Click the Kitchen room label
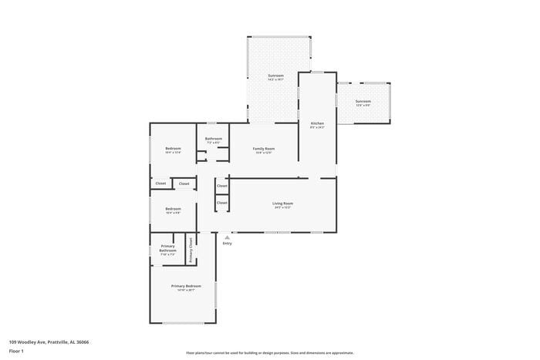pos(317,123)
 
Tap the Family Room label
pos(264,149)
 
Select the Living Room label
pos(282,204)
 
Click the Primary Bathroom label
pos(167,249)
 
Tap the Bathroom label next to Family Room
pos(213,139)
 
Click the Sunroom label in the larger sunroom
pos(275,76)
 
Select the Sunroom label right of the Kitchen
pos(363,101)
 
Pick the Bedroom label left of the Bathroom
pos(173,148)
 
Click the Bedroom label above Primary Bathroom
pos(173,209)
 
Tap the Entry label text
pos(227,243)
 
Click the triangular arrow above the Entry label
pos(227,237)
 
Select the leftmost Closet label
pos(160,183)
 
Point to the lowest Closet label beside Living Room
pos(221,203)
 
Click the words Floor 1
pos(17,351)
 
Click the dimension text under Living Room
pos(282,208)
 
